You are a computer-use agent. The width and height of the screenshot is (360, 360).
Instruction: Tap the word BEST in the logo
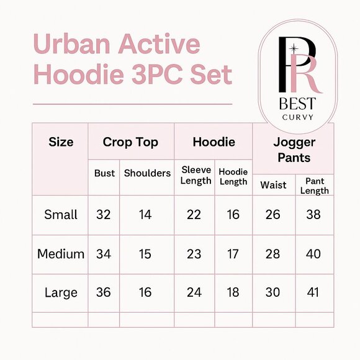297,102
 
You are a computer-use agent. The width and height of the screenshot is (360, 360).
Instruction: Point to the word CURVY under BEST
297,117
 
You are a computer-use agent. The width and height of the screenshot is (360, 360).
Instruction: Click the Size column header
61,142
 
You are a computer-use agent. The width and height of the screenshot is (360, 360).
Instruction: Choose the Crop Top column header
130,142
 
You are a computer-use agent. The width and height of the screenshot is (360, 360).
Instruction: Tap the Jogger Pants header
294,150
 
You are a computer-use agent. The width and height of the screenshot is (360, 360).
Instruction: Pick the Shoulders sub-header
147,173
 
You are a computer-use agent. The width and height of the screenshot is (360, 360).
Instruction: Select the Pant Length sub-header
314,186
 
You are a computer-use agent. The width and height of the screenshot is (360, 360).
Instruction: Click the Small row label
61,215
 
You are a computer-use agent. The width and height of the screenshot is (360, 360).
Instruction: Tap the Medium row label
61,254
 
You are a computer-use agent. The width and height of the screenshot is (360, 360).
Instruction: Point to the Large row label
61,292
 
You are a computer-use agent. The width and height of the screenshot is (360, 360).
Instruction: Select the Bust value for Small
104,215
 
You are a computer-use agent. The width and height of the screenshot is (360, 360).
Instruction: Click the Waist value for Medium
273,254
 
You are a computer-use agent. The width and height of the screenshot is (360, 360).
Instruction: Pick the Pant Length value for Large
314,292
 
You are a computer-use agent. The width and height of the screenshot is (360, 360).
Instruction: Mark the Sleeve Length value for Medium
194,254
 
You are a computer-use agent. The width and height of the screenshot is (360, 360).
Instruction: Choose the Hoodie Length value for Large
233,292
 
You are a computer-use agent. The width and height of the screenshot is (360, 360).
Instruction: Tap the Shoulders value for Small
145,215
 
